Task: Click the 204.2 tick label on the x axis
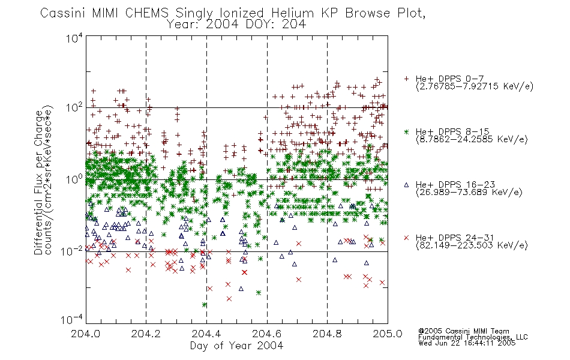tap(146, 334)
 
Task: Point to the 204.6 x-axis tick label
tap(267, 334)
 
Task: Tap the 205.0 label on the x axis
tap(388, 334)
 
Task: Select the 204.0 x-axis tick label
tap(86, 334)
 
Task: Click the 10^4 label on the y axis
tap(74, 38)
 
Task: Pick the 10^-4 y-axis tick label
tap(72, 319)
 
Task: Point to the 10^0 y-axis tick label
tap(74, 179)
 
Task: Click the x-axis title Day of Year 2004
tap(236, 346)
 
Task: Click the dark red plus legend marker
tap(407, 79)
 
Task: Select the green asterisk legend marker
tap(407, 131)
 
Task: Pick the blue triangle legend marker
tap(407, 185)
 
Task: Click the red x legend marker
tap(407, 238)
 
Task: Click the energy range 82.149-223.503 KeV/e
tap(472, 245)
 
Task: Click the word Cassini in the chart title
tap(63, 13)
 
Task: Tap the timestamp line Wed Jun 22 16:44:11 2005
tap(467, 343)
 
